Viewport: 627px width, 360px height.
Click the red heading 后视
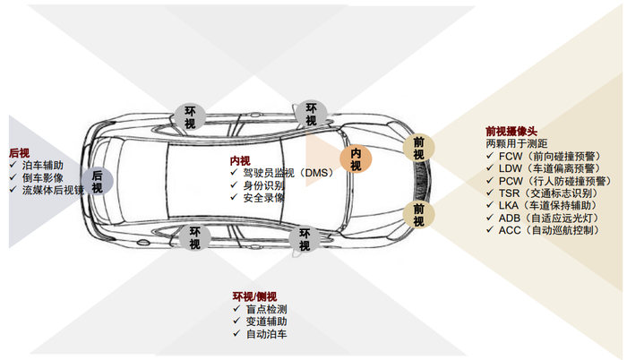click(19, 152)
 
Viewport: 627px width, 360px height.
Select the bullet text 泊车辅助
click(42, 165)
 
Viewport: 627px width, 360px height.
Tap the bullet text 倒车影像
click(42, 177)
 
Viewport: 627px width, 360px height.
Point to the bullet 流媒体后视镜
click(53, 190)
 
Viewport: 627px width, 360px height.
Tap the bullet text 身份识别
click(263, 185)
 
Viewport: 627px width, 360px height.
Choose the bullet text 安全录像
click(263, 197)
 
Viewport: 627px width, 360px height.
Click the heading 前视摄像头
click(511, 131)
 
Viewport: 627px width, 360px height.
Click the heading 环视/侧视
click(255, 296)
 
